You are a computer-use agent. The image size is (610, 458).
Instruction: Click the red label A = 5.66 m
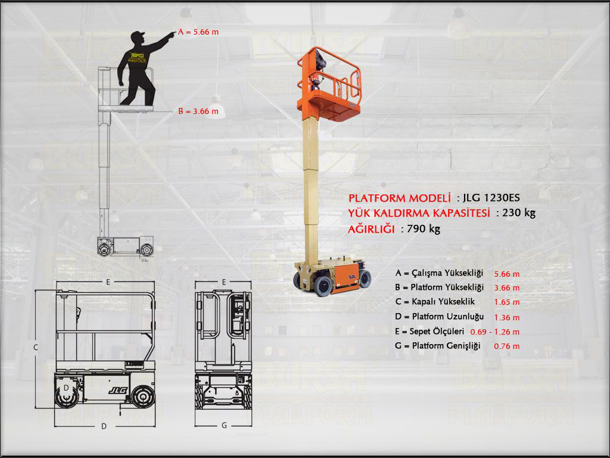[x=199, y=32]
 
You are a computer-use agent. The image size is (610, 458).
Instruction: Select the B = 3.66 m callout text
[x=198, y=111]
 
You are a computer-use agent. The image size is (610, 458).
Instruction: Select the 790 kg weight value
[x=424, y=228]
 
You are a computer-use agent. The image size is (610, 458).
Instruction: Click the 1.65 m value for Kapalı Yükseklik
[x=507, y=302]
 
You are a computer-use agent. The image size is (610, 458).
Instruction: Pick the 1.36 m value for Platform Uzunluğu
[x=507, y=317]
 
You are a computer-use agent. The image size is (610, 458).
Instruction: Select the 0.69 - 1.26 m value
[x=494, y=332]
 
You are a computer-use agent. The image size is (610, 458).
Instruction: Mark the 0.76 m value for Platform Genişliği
[x=507, y=346]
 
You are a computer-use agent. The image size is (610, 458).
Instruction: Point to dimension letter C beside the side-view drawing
[x=36, y=346]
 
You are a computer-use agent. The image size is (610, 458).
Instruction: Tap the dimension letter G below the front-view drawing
[x=223, y=426]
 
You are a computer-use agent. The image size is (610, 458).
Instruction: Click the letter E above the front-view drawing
[x=223, y=281]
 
